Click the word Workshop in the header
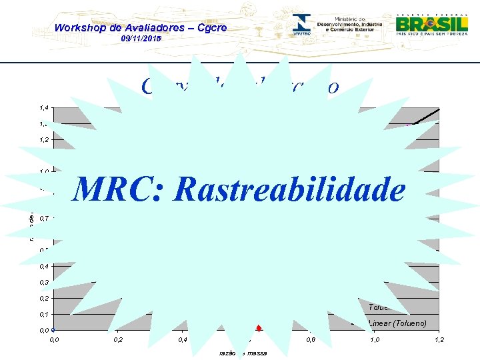pyautogui.click(x=77, y=28)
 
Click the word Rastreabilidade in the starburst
pyautogui.click(x=289, y=189)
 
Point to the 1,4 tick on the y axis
pyautogui.click(x=43, y=108)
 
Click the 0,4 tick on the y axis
pyautogui.click(x=43, y=267)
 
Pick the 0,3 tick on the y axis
pyautogui.click(x=43, y=283)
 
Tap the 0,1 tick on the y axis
pyautogui.click(x=43, y=315)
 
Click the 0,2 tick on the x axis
pyautogui.click(x=117, y=341)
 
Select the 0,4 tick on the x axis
pyautogui.click(x=181, y=341)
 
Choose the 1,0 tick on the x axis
pyautogui.click(x=375, y=341)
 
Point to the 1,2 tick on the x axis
pyautogui.click(x=439, y=341)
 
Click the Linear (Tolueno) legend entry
pyautogui.click(x=398, y=324)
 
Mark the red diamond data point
pyautogui.click(x=258, y=327)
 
